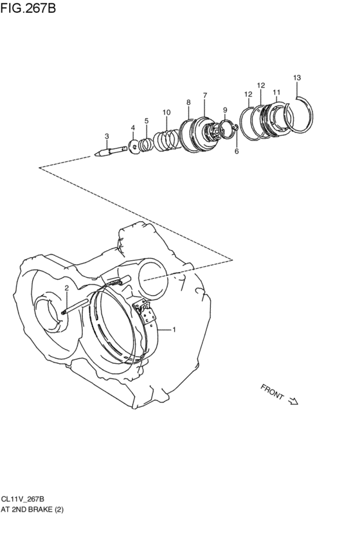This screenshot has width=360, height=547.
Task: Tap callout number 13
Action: (296, 78)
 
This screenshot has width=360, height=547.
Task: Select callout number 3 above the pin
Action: (107, 136)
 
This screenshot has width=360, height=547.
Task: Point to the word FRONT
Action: (272, 391)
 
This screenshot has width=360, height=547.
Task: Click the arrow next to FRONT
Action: (293, 402)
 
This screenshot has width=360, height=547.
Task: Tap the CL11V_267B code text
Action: (22, 499)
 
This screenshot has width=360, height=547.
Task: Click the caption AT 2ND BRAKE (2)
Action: (32, 509)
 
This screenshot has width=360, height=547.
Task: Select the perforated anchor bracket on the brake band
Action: (148, 314)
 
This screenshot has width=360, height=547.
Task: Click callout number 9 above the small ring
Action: (225, 110)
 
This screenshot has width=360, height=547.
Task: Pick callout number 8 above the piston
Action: (188, 102)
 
